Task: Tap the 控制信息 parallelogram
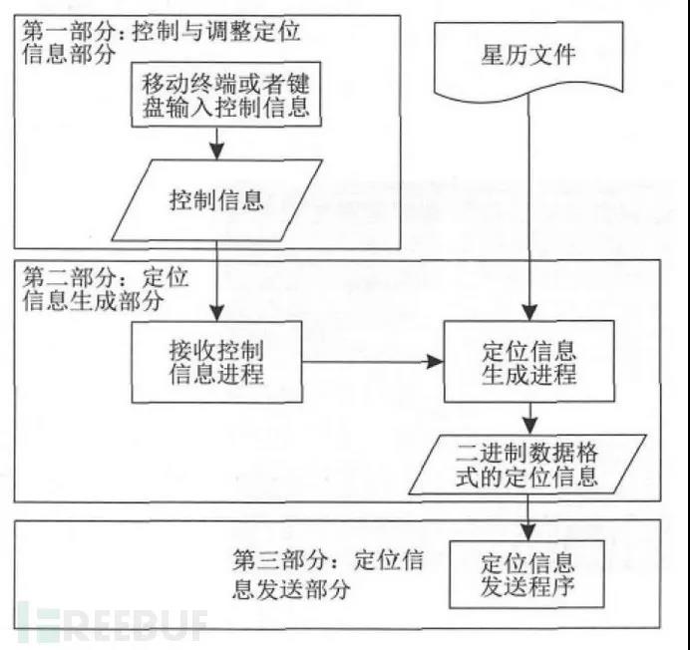click(x=216, y=199)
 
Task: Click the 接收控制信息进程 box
click(x=216, y=360)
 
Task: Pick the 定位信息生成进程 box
click(x=528, y=362)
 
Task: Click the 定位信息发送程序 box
click(x=527, y=575)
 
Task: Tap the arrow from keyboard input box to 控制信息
click(x=216, y=145)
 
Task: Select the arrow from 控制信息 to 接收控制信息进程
click(x=216, y=284)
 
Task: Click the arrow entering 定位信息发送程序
click(x=529, y=517)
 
